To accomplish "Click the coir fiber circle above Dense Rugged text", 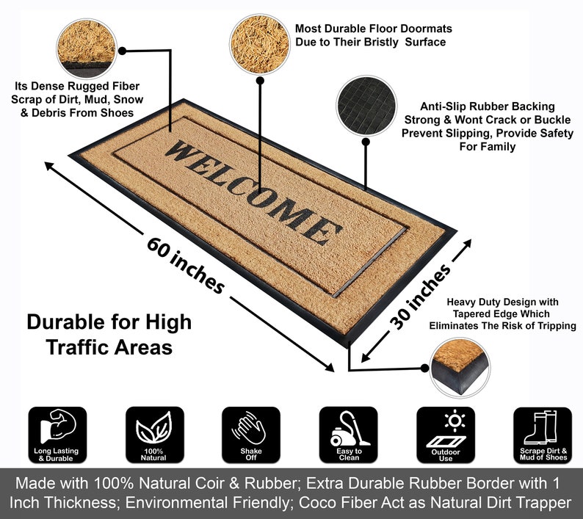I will coord(87,46).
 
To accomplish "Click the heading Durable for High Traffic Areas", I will coord(109,334).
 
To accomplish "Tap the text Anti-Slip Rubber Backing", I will coord(487,106).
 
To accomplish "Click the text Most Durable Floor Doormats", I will coord(373,29).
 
